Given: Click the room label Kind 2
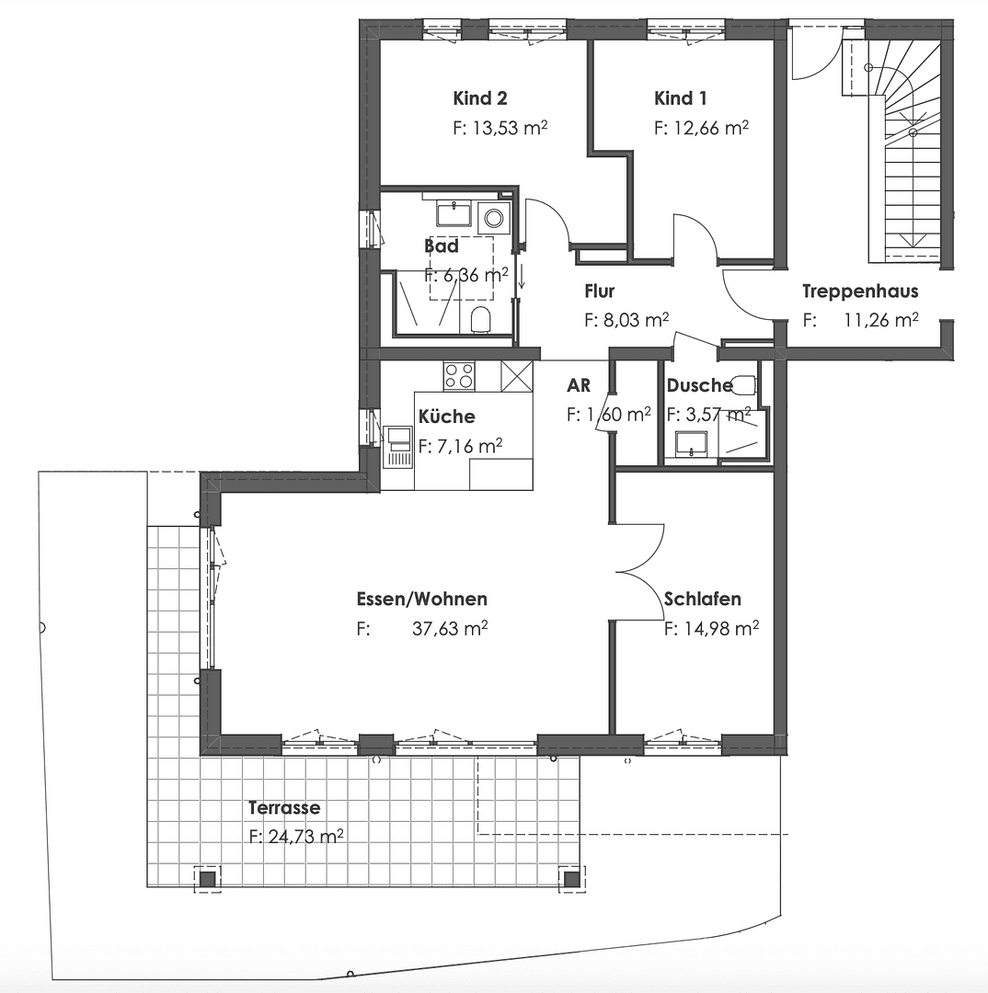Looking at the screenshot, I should point(479,98).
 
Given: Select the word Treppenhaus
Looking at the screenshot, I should point(859,292).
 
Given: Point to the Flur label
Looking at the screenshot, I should point(599,292).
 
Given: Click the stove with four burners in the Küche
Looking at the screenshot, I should point(459,376).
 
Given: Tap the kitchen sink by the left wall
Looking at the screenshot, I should point(399,447).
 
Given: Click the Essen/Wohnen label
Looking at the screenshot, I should point(421,599).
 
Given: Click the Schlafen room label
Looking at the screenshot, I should point(702,599).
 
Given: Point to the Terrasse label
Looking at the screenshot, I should point(284,808).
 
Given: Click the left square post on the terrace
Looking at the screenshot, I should point(208,880).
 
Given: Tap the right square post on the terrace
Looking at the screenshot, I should point(571,880).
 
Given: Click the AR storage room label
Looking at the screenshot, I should point(579,385).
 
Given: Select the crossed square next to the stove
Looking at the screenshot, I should point(517,376).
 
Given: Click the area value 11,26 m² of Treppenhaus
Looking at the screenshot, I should point(880,321).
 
